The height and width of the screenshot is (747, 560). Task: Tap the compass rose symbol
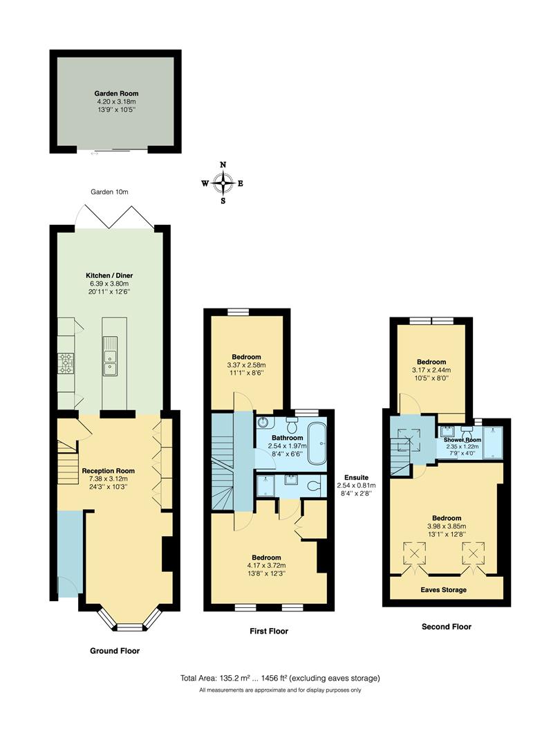point(223,183)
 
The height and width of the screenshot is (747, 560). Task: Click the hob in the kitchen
point(66,363)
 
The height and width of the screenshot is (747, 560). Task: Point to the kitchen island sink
point(111,362)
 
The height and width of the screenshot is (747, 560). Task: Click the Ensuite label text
point(357,477)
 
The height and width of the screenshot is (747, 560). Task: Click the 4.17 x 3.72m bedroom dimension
point(266,565)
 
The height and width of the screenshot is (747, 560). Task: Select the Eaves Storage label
point(444,590)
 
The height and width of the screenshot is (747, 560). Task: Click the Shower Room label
point(462,440)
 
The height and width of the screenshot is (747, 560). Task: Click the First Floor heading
point(268,631)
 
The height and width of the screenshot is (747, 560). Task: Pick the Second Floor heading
point(446,627)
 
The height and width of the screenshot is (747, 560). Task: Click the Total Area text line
point(280,678)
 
